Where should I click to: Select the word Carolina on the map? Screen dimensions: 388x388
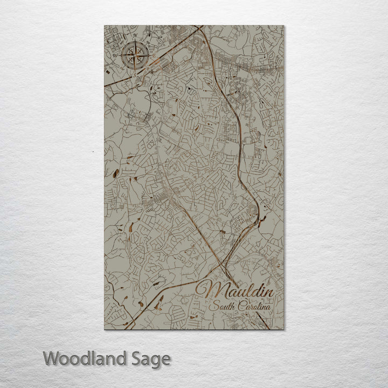point(255,307)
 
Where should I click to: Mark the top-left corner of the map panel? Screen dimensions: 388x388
point(103,25)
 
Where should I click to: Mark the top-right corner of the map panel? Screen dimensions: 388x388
point(284,25)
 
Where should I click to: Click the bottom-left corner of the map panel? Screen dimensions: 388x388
point(103,330)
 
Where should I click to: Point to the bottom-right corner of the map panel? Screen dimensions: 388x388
point(284,330)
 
